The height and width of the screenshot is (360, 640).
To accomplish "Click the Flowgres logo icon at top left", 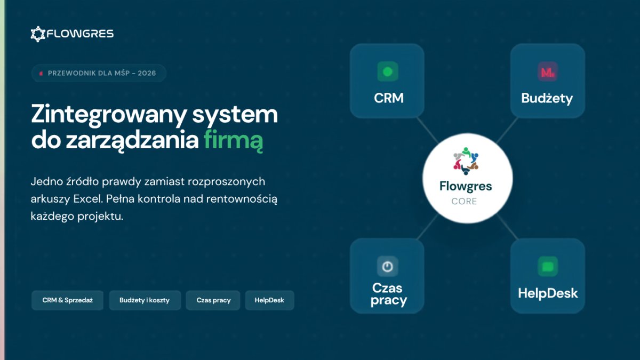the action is click(38, 34).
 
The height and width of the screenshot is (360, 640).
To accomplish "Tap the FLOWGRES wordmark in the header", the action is click(80, 34).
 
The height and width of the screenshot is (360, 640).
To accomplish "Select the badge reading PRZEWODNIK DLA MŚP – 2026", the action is click(99, 73).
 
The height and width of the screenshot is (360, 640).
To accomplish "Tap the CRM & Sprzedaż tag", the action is click(67, 300).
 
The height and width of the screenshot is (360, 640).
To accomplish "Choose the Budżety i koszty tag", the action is click(145, 300).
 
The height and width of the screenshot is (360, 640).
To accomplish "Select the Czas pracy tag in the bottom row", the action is click(213, 300).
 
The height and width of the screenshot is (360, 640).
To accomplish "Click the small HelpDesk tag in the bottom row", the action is click(269, 300).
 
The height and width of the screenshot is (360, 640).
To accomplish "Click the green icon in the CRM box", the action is click(388, 71).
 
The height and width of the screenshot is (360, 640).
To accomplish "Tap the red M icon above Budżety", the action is click(548, 71).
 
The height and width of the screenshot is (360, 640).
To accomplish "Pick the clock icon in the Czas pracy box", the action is click(387, 267).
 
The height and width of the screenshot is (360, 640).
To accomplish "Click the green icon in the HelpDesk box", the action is click(548, 267).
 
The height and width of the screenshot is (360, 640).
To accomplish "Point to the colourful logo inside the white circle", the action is click(466, 161).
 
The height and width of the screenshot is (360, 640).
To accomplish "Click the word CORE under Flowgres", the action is click(465, 202).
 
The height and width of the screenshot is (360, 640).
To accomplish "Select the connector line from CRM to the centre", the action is click(428, 131).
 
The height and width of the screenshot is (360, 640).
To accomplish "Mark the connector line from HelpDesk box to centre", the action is click(508, 227).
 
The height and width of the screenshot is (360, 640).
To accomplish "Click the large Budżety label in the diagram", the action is click(547, 98).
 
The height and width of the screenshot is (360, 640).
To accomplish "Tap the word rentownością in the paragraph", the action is click(242, 199).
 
